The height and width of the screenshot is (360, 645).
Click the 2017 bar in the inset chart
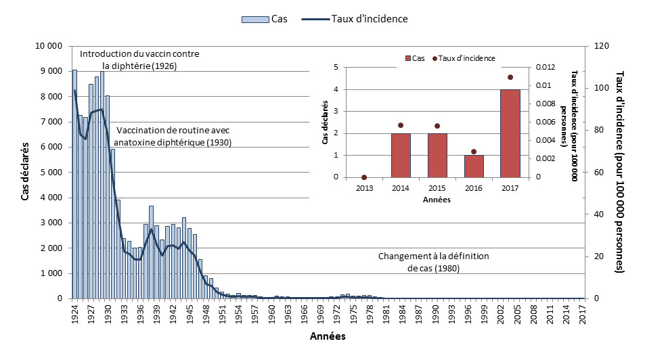click(x=510, y=133)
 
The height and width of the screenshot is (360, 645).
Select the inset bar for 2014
click(x=400, y=155)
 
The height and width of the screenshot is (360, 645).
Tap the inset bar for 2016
click(x=473, y=166)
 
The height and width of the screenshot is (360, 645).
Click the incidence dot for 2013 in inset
click(x=364, y=177)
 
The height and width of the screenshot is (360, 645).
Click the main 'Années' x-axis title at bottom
click(x=328, y=336)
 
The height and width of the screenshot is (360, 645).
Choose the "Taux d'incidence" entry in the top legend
click(x=369, y=19)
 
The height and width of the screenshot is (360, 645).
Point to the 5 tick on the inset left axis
click(x=336, y=67)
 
